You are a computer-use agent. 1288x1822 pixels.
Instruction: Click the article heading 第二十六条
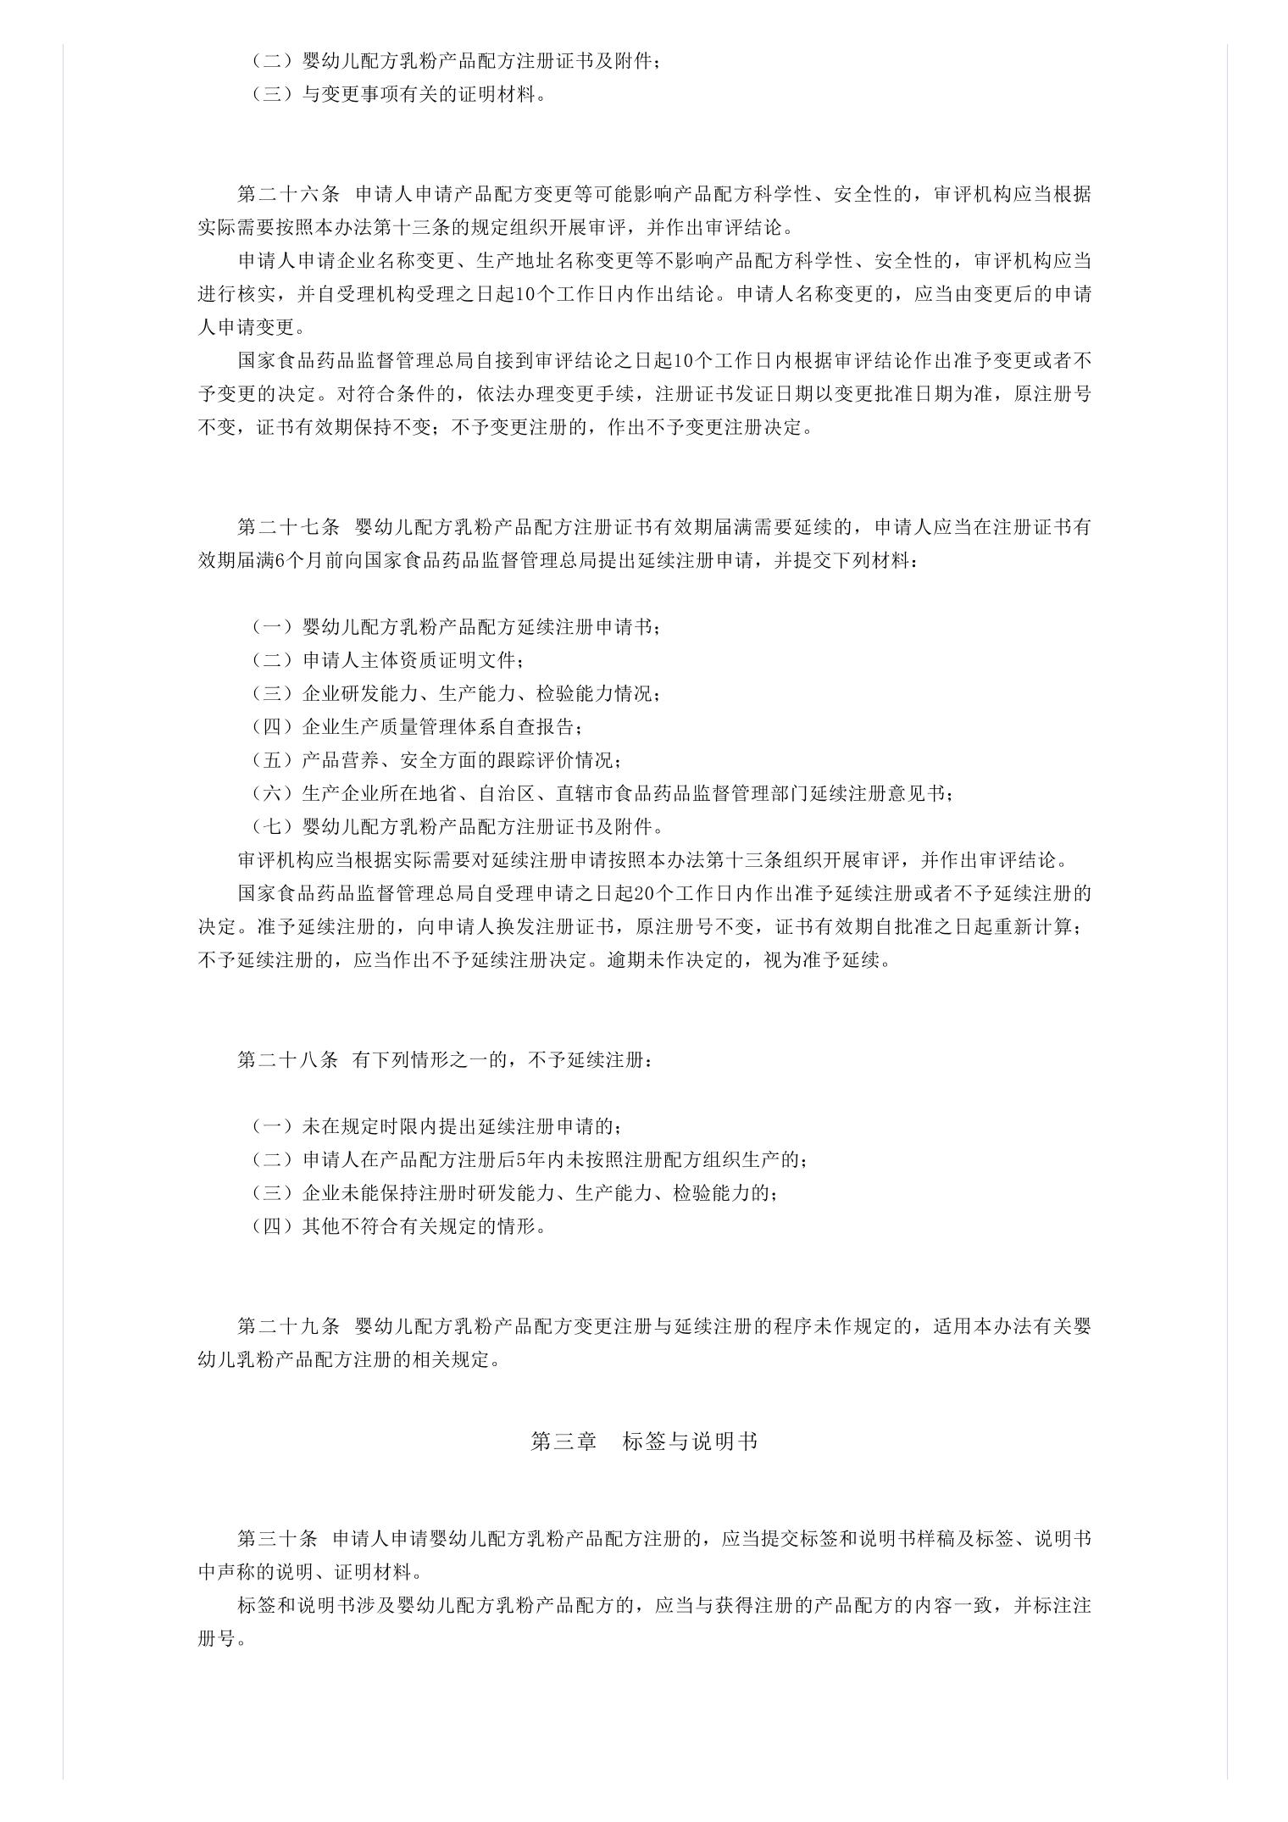click(288, 194)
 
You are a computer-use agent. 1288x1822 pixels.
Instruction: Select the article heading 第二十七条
click(288, 527)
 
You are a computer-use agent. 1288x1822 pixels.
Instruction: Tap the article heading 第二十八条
click(288, 1060)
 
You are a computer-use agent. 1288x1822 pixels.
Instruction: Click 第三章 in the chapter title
click(563, 1441)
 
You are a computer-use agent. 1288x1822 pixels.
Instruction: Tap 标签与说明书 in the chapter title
click(690, 1441)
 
